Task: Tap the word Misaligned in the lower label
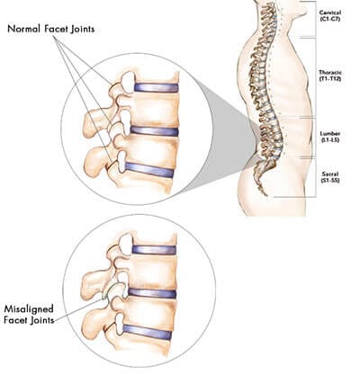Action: pyautogui.click(x=29, y=309)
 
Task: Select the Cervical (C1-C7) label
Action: pyautogui.click(x=330, y=16)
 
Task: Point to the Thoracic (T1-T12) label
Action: pyautogui.click(x=330, y=76)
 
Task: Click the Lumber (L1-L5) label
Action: pyautogui.click(x=330, y=137)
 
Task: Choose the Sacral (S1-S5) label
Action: pyautogui.click(x=330, y=177)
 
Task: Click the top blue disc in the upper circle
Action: pyautogui.click(x=156, y=87)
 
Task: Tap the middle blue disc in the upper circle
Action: pyautogui.click(x=154, y=131)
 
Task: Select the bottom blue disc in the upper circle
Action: pyautogui.click(x=149, y=169)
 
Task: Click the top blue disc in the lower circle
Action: pyautogui.click(x=154, y=250)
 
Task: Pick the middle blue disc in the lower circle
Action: pyautogui.click(x=152, y=293)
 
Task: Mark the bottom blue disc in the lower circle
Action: pyautogui.click(x=147, y=332)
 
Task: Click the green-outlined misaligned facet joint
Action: pyautogui.click(x=111, y=290)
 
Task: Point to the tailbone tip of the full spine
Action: pyautogui.click(x=265, y=194)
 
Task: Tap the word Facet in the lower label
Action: pyautogui.click(x=15, y=320)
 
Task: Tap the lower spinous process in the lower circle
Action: pyautogui.click(x=93, y=324)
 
